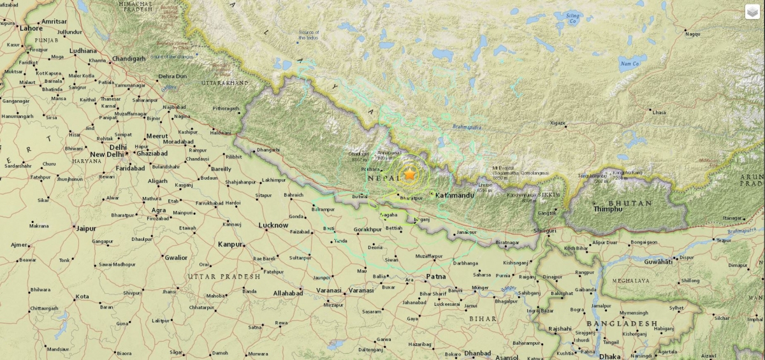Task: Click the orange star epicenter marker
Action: coord(409,174)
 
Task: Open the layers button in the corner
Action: coord(752,12)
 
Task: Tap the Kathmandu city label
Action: coord(455,195)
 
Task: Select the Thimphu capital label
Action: coord(607,209)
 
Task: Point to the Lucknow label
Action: coord(274,225)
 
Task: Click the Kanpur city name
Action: coord(230,244)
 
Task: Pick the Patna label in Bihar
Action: coord(436,277)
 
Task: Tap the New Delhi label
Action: coord(106,155)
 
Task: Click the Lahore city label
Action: coord(31,29)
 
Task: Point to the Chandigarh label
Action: coord(129,59)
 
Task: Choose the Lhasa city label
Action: coord(659,112)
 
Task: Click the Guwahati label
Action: coord(659,262)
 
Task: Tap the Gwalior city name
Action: coord(176,258)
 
